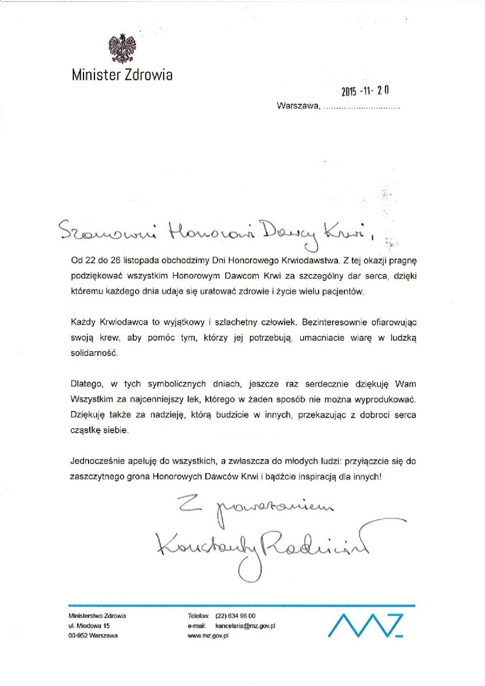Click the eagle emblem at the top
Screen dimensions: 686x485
122,49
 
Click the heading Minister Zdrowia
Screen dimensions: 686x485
122,75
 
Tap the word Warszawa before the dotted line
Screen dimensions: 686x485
297,106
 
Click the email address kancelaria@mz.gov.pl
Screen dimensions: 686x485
245,627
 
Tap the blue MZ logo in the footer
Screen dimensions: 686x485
369,625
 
